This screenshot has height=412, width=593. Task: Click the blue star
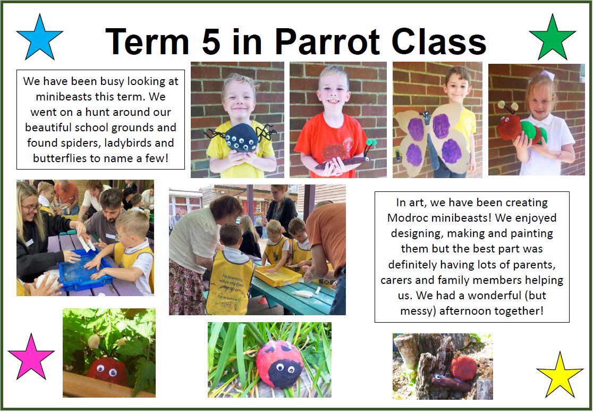tap(39, 38)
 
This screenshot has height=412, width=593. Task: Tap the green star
tap(552, 38)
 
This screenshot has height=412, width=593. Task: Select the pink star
tap(31, 358)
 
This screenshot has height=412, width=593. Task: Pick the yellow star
tap(560, 376)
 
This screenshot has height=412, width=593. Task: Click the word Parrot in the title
tap(327, 41)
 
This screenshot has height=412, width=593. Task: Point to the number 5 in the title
tap(210, 41)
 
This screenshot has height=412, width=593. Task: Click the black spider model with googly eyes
tap(241, 138)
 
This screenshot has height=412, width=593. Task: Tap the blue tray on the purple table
tap(86, 270)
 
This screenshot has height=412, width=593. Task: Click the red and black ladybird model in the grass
tap(279, 364)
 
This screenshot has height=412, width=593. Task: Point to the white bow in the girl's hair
tap(547, 75)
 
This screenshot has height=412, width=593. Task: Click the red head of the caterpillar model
tap(509, 127)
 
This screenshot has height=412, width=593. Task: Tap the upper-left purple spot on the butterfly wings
tap(416, 129)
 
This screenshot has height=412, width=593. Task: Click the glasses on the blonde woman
tap(32, 207)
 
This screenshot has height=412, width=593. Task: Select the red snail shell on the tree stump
tap(463, 367)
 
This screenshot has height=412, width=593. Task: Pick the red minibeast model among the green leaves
tap(107, 371)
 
